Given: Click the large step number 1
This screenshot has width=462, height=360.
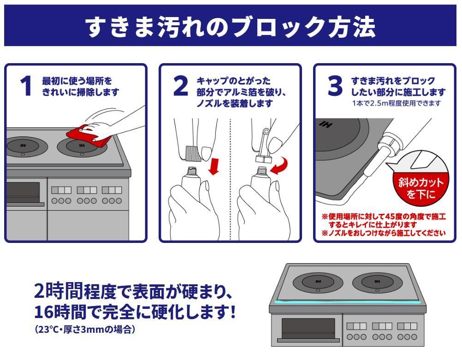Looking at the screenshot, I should click(26, 86).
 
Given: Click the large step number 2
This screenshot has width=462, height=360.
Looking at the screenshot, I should click(181, 86).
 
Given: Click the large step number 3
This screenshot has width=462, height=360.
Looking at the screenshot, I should click(335, 86).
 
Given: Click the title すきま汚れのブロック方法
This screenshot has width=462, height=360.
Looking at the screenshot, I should click(231, 27).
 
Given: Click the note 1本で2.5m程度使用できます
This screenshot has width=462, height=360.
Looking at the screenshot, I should click(396, 103).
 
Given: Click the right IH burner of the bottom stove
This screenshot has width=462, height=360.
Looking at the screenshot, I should click(377, 282).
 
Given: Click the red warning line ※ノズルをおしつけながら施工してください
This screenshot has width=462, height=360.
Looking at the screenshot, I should click(384, 233).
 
